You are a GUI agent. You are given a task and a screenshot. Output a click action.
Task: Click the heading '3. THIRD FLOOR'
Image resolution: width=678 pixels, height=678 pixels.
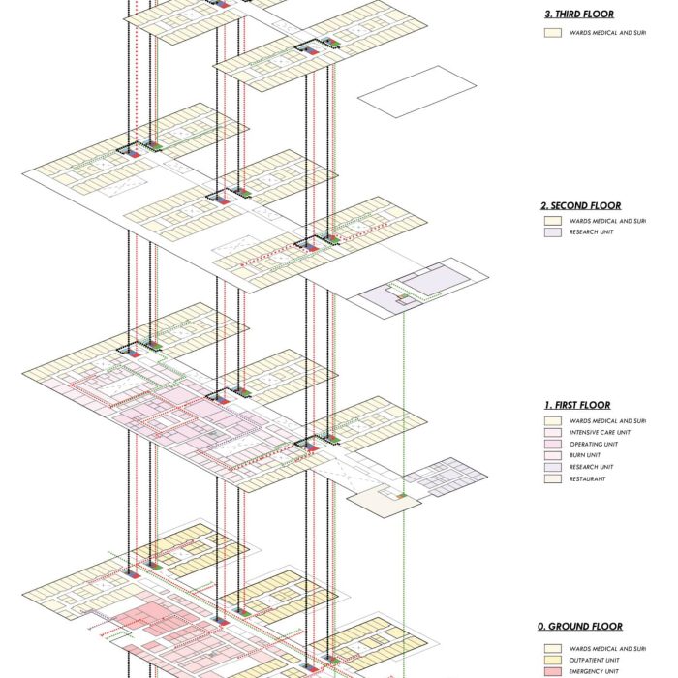[581, 14]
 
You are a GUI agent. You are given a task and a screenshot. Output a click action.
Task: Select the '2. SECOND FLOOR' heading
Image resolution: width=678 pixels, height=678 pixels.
[581, 205]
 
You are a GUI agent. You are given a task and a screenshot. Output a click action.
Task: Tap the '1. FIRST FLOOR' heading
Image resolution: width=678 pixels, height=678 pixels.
[577, 405]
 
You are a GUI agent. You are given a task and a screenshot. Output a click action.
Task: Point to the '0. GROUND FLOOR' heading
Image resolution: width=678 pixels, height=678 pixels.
[582, 627]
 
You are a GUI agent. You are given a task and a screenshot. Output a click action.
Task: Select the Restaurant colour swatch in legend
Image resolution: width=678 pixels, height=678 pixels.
[553, 478]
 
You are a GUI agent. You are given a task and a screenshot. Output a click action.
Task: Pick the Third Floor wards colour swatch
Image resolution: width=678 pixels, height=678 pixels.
[553, 32]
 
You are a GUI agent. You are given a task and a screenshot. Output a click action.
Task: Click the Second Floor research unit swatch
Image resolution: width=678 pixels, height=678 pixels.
[553, 232]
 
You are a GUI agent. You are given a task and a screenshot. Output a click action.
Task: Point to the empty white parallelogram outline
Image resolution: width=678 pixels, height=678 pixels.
[416, 92]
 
